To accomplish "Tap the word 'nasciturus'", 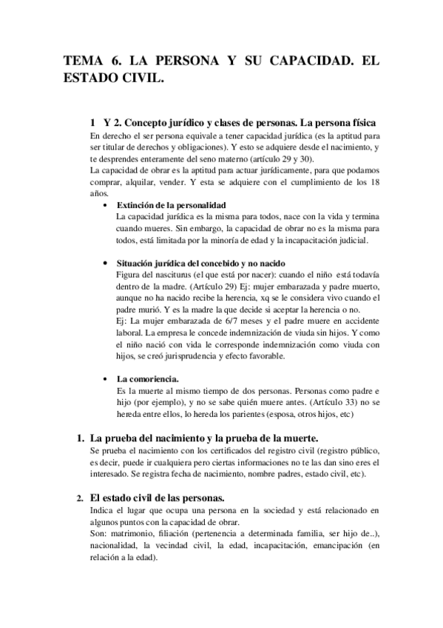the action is click(166, 275).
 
